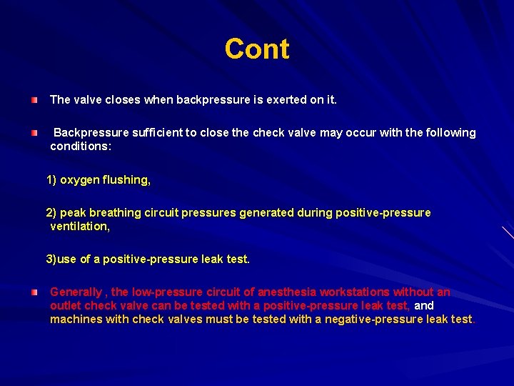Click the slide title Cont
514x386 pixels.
coord(257,49)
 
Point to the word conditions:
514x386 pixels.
coord(81,146)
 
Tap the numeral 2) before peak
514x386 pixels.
coord(53,213)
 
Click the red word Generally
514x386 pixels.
coord(76,292)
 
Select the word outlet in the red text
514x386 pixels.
coord(65,306)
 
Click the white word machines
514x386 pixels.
coord(76,320)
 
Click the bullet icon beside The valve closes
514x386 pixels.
coord(34,100)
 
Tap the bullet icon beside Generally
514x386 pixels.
coord(34,292)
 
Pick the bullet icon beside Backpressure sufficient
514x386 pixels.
coord(34,133)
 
